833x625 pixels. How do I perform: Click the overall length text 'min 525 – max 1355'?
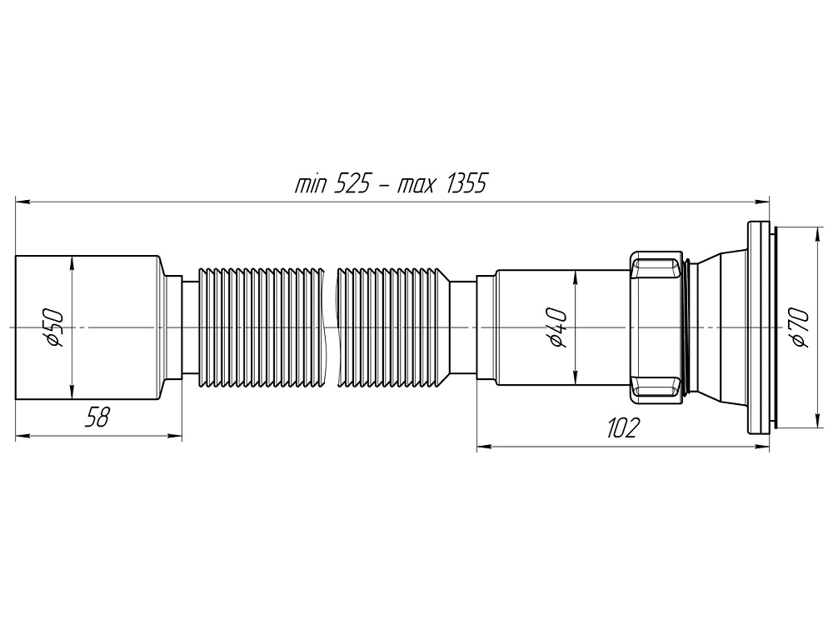(390, 183)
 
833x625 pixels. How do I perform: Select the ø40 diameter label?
(556, 328)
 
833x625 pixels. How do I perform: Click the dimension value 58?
(98, 417)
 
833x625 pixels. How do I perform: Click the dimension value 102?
(622, 428)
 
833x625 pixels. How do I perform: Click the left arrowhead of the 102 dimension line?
(484, 447)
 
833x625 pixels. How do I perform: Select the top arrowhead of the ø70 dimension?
(815, 231)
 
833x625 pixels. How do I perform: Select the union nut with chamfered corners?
(656, 328)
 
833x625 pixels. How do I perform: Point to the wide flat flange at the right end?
(758, 328)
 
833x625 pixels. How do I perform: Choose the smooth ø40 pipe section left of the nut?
(533, 328)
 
